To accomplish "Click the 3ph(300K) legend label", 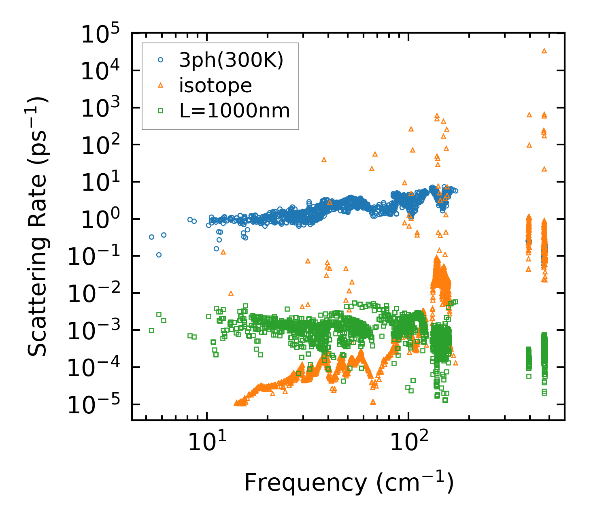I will coord(231,60).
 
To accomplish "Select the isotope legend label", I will coord(216,85).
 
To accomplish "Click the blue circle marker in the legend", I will coord(161,60).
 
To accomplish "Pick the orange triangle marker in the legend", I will coord(161,85).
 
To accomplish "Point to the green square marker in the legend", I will coord(161,110).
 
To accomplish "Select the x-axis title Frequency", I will coord(348,483).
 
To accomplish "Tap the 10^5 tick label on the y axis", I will coord(99,34).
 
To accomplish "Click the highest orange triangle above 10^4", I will coord(544,51).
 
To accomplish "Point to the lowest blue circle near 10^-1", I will coord(159,255).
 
